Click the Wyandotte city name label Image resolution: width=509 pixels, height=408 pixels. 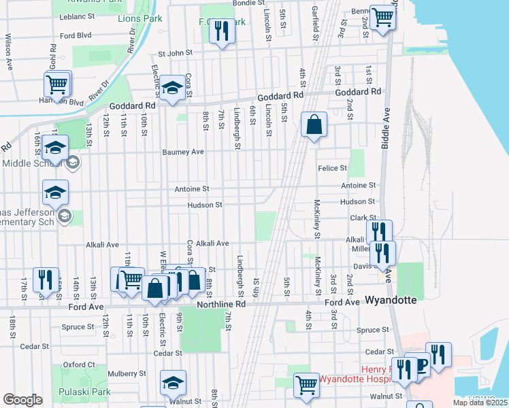tap(393, 300)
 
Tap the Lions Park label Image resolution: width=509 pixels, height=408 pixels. tap(140, 19)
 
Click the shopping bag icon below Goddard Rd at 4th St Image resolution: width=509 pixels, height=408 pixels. tap(313, 125)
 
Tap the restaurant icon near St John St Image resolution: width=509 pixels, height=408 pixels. tap(221, 32)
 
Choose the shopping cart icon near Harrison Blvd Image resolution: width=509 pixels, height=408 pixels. tap(57, 85)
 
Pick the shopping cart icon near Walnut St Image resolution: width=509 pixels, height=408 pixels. tap(306, 385)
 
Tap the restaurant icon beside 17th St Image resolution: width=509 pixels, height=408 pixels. tap(45, 280)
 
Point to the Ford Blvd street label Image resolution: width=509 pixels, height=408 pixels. tap(76, 35)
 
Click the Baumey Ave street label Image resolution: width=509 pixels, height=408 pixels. tap(183, 152)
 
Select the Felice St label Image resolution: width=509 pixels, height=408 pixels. tap(332, 167)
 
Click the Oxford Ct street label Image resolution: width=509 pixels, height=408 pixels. tap(78, 365)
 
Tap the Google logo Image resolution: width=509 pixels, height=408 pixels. tap(22, 400)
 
